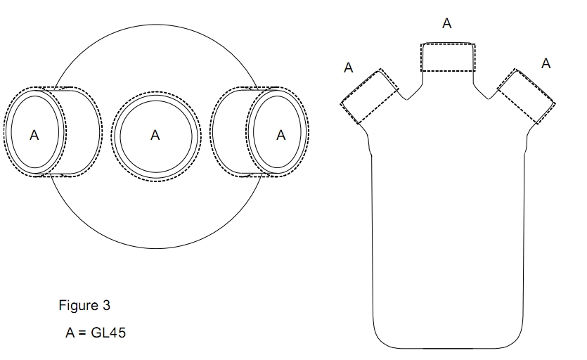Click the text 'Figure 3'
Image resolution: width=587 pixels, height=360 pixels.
(x=84, y=306)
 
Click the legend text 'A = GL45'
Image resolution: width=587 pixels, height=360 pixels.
(x=95, y=333)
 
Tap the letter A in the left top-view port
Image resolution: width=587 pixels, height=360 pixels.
(x=34, y=136)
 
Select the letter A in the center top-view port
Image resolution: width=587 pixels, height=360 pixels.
(x=155, y=136)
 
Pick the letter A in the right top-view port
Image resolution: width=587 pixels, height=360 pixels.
(x=281, y=136)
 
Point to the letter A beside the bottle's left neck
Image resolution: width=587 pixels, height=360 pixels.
(x=348, y=68)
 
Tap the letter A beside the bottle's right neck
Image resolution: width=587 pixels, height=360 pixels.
(x=546, y=64)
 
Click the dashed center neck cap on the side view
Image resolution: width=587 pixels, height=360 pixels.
(x=447, y=58)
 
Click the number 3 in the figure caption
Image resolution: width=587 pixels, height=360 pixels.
(x=106, y=306)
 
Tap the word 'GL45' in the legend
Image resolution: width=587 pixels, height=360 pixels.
(x=108, y=333)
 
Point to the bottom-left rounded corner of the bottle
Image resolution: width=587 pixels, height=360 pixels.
(x=380, y=337)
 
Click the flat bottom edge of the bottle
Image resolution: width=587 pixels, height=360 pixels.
(x=448, y=347)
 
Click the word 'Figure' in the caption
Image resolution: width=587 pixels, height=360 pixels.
(x=78, y=306)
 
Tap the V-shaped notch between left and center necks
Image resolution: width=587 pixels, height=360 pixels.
(x=406, y=98)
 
